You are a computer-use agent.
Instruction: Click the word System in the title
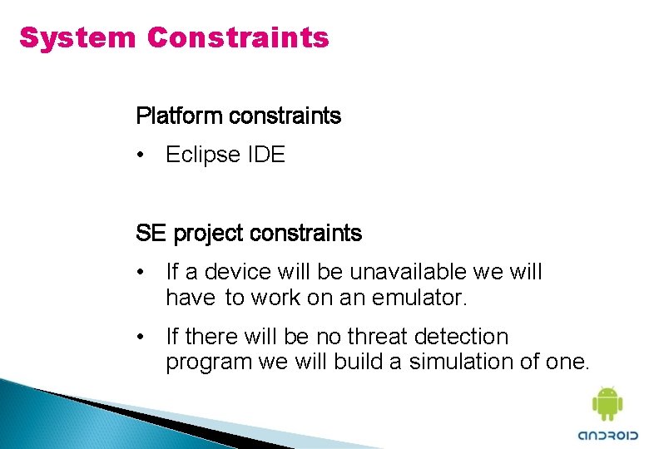[77, 38]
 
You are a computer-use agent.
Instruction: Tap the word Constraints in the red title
[238, 38]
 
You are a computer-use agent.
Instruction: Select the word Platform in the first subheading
[179, 116]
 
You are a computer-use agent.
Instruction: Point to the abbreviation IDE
[266, 155]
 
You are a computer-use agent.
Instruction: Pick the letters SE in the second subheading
[151, 234]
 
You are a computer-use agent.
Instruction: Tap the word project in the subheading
[208, 234]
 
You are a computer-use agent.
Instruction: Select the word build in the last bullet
[362, 362]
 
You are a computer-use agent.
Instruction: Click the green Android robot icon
[607, 403]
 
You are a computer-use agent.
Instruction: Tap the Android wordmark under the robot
[607, 435]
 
